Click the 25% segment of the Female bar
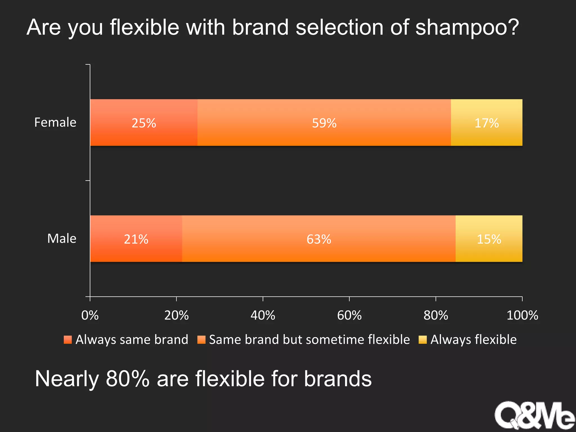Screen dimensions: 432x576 point(144,123)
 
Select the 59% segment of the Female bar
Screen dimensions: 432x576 point(324,123)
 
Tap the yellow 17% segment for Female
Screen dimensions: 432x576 point(487,123)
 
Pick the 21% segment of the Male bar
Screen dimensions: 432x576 point(136,239)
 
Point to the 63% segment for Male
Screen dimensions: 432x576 point(319,239)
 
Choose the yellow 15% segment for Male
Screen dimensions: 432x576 point(489,239)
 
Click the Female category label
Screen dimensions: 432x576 point(55,122)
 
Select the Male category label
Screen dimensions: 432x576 point(62,238)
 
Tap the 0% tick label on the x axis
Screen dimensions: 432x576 point(90,315)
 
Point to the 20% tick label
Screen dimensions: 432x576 point(176,315)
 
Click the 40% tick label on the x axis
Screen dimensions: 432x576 point(263,315)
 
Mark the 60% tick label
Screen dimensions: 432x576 point(349,315)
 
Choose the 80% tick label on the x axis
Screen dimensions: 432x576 point(436,315)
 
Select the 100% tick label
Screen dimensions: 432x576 point(522,315)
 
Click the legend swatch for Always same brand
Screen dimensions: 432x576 point(68,340)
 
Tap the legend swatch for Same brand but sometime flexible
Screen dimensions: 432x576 point(201,340)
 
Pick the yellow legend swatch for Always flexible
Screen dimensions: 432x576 point(423,340)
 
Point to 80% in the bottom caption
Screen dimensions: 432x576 point(127,379)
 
